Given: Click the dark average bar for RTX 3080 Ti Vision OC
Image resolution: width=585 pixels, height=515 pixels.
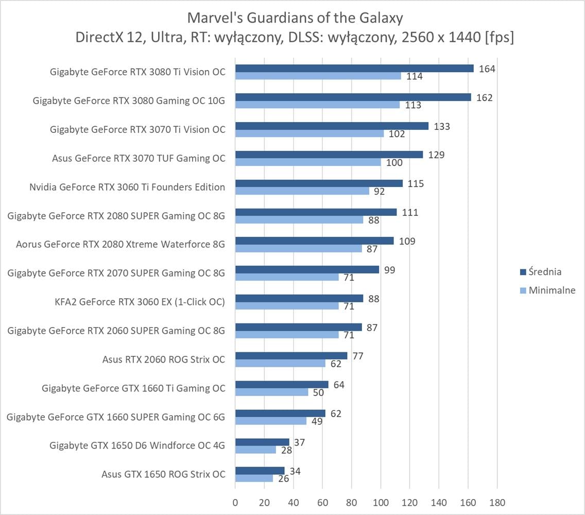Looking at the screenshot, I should [x=354, y=68].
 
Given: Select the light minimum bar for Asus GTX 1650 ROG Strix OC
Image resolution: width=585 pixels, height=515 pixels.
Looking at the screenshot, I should [x=254, y=478].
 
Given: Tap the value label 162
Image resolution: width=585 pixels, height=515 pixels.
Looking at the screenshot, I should [x=485, y=97].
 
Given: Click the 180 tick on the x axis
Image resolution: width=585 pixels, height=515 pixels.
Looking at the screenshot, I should [x=497, y=502].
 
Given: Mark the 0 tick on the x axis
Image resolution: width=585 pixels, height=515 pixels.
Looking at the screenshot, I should [x=235, y=502].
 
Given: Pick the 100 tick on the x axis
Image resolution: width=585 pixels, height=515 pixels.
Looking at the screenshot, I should [x=381, y=502].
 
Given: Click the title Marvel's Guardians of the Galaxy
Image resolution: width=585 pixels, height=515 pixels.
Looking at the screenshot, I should [x=295, y=18].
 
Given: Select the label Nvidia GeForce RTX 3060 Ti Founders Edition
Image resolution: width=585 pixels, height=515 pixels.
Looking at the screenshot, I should [x=127, y=187].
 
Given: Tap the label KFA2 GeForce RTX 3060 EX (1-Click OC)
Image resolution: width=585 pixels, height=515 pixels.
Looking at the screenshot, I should [x=140, y=302].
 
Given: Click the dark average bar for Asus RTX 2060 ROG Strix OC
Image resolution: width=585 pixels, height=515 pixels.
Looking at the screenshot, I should [x=291, y=355].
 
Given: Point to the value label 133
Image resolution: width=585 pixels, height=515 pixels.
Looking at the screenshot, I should [x=442, y=126].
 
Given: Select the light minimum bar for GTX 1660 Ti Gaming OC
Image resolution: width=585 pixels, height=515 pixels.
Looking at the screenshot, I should [x=271, y=392].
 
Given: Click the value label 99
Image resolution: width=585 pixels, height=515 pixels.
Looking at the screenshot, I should [x=390, y=270].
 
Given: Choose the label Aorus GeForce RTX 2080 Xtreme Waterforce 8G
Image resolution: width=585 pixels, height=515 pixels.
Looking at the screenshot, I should [x=121, y=244].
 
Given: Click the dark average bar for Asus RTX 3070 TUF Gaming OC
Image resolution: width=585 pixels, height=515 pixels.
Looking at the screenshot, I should [x=329, y=154].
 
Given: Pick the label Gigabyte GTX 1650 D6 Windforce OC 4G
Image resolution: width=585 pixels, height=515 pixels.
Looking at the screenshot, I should [x=137, y=445].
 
